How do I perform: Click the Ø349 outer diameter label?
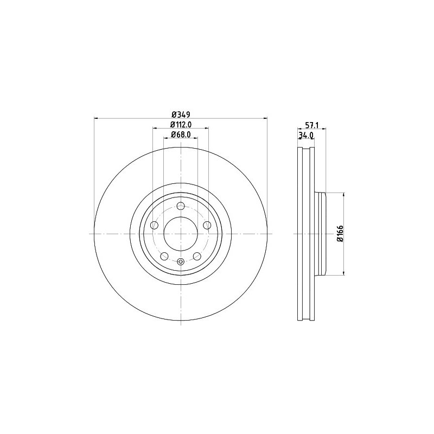point(181,114)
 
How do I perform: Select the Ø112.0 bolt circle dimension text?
point(181,125)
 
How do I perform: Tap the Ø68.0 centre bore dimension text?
point(181,135)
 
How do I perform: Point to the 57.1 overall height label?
point(312,125)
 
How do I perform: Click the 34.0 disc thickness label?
point(305,135)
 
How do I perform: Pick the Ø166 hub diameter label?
point(340,234)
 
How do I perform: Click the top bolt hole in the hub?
point(181,206)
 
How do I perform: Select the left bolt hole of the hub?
point(154,225)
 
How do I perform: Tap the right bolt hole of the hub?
point(207,225)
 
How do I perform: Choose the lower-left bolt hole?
point(164,256)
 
